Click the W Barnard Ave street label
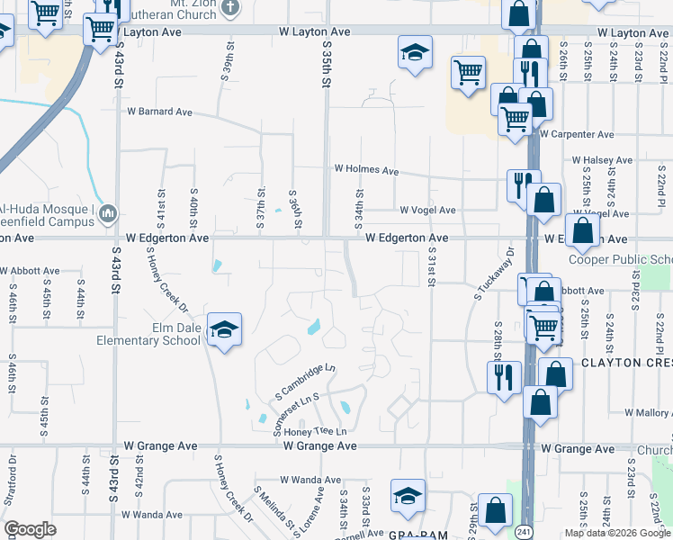click(x=160, y=112)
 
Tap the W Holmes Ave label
click(x=366, y=169)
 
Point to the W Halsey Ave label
click(x=603, y=160)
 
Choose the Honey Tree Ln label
click(x=309, y=432)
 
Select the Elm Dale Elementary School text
click(x=149, y=335)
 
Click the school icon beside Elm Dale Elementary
click(x=223, y=329)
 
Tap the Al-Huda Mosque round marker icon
click(x=108, y=212)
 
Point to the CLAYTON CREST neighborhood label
click(x=626, y=363)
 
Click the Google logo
click(x=30, y=529)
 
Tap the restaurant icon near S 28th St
click(x=504, y=376)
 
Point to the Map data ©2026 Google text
click(x=617, y=533)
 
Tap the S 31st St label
click(x=432, y=267)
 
